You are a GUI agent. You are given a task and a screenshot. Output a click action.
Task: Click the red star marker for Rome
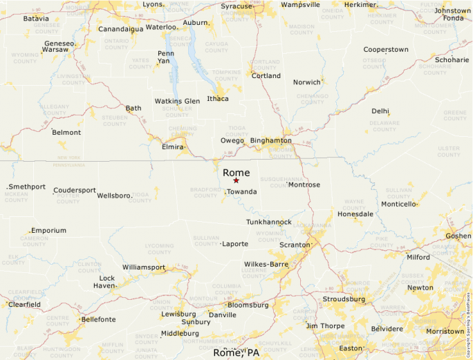coord(236,180)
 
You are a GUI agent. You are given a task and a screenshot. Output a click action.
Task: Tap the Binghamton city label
coord(270,140)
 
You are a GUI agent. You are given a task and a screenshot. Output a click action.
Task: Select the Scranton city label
coord(295,245)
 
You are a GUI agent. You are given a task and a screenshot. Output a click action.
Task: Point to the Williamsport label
coord(144,267)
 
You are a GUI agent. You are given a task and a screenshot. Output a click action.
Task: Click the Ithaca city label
coord(218,98)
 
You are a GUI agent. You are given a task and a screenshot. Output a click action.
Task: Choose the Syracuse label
coord(236,6)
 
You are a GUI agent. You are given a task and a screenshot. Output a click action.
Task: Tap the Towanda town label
coord(242,191)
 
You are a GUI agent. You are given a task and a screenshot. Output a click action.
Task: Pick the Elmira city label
coord(174,147)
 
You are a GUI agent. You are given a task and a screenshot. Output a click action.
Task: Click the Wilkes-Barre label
coord(266,264)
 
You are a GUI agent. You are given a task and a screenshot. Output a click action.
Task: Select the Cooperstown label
coord(386,50)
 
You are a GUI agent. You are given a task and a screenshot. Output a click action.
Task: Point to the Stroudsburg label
coord(344,299)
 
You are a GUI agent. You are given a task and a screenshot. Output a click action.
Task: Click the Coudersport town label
coord(75,190)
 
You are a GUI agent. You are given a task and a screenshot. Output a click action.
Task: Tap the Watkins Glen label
coord(177,101)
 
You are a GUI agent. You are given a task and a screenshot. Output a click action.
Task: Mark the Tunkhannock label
coord(269,222)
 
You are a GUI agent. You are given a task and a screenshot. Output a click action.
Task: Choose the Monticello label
coord(399,204)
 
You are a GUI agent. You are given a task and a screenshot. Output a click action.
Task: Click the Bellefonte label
coord(99,319)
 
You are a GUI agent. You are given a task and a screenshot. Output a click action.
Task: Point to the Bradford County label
coord(205,192)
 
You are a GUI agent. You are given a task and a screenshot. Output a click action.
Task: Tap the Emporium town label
coord(48,230)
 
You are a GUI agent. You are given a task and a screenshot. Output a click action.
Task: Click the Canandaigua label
coord(121,29)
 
